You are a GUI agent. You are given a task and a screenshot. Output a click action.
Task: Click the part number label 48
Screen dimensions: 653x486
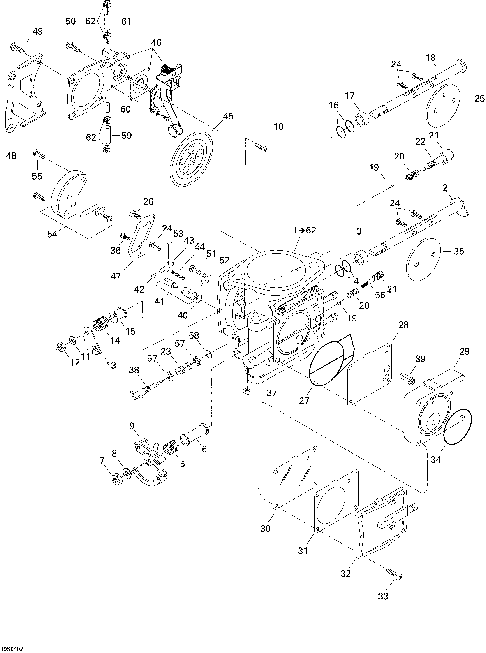12,156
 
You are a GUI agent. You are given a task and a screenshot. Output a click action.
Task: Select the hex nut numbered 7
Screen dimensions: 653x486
117,480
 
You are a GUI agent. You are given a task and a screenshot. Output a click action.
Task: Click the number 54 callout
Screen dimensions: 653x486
52,234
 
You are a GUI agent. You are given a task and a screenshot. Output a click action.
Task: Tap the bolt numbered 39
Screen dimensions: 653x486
407,378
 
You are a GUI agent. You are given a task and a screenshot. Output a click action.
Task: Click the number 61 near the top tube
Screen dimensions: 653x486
126,21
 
